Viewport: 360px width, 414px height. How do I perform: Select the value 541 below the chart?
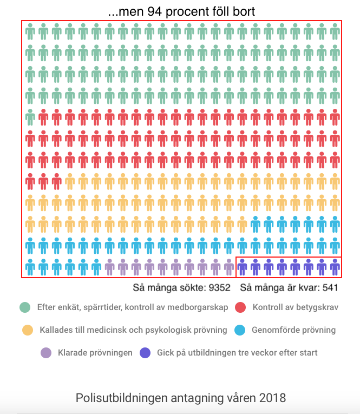click(330, 287)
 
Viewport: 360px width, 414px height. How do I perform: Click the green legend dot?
click(25, 307)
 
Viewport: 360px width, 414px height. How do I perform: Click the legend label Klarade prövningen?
click(95, 353)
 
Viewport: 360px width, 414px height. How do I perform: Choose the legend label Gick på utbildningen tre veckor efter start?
click(237, 353)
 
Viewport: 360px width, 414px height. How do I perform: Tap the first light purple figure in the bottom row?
click(109, 267)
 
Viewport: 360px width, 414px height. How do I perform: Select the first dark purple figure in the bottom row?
click(242, 267)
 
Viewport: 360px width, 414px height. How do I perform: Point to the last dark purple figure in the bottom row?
click(335, 267)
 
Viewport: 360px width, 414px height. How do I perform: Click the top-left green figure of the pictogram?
click(30, 32)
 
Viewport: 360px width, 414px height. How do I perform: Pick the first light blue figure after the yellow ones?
click(256, 224)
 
